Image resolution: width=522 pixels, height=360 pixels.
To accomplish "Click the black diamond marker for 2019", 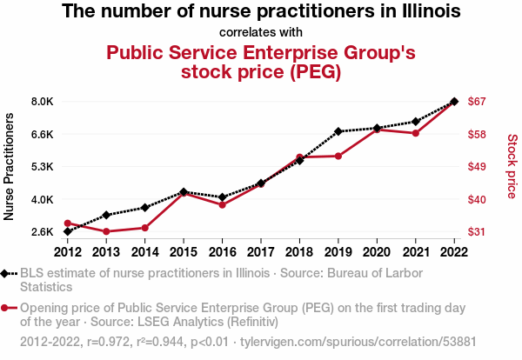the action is click(x=338, y=131).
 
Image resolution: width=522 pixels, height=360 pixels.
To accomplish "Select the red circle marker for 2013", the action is click(x=106, y=231).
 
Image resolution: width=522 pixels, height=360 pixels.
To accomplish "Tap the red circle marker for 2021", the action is click(x=416, y=133).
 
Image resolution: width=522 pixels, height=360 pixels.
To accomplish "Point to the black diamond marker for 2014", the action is click(x=144, y=208).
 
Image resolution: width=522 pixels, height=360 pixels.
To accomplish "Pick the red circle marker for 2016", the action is click(x=223, y=205).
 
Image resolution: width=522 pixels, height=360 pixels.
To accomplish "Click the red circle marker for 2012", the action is click(x=68, y=223).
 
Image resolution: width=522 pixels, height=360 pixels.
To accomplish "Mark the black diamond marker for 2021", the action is click(x=416, y=122).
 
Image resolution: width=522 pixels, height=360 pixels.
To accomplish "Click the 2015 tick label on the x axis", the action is click(x=184, y=252).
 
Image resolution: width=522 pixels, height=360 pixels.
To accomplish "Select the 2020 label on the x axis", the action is click(x=377, y=252).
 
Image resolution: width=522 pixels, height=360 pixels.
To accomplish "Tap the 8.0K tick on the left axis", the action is click(x=43, y=102).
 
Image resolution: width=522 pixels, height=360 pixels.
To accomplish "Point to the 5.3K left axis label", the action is click(x=43, y=166).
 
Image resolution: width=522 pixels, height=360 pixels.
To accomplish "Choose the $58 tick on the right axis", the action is click(x=477, y=135).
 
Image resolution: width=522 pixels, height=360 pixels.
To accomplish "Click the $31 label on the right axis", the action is click(x=477, y=231).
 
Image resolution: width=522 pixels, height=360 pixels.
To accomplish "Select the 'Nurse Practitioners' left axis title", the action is click(x=9, y=167).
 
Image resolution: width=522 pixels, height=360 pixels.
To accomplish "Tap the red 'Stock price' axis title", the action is click(x=512, y=166).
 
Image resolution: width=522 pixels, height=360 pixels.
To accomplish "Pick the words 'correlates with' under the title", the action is click(x=261, y=32).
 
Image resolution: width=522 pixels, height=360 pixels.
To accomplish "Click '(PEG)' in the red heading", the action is click(x=315, y=71).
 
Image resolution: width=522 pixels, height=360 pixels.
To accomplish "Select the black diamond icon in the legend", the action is click(x=4, y=274).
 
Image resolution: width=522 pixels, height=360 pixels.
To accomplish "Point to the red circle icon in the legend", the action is click(x=4, y=308).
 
